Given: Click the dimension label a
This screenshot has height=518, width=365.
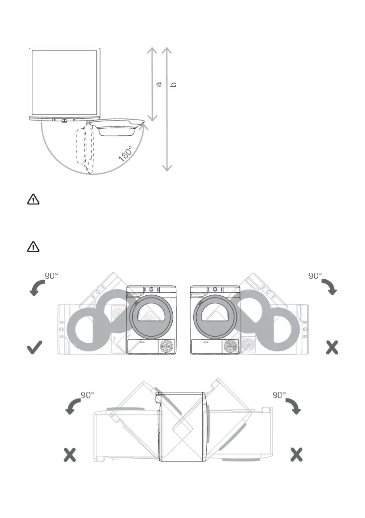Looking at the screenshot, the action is (159, 83).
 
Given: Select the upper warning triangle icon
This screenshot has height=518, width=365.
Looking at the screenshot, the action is (33, 200).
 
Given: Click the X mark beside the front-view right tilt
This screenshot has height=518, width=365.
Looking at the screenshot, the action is (332, 347).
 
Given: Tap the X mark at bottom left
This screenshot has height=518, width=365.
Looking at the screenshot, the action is (70, 455).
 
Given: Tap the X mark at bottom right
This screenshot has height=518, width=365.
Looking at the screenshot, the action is (296, 455).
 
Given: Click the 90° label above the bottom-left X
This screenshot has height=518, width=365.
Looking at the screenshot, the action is (87, 395).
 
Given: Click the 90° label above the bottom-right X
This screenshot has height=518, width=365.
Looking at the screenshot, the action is (279, 395).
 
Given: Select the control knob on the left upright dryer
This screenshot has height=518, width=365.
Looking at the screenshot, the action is (151, 289).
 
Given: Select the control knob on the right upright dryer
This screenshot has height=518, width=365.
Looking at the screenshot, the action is (215, 289).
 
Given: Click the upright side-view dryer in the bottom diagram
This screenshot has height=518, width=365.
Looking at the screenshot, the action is (182, 426).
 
